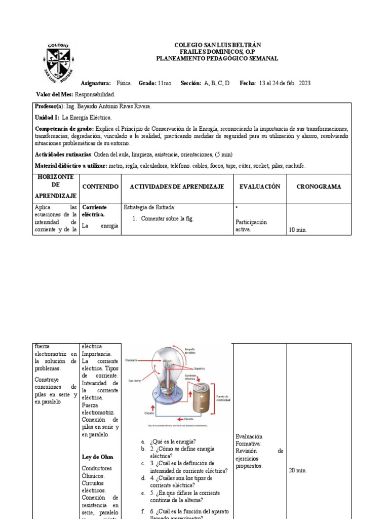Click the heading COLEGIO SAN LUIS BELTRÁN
click(x=217, y=45)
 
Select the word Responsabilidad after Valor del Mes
click(x=95, y=94)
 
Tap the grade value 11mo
click(x=165, y=83)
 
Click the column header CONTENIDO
click(x=100, y=187)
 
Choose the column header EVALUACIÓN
click(x=259, y=187)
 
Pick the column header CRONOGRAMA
click(x=319, y=187)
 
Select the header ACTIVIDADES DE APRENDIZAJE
click(x=177, y=187)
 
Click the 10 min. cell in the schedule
click(x=298, y=230)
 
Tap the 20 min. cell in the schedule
click(x=298, y=470)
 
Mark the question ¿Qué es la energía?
click(x=173, y=441)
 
